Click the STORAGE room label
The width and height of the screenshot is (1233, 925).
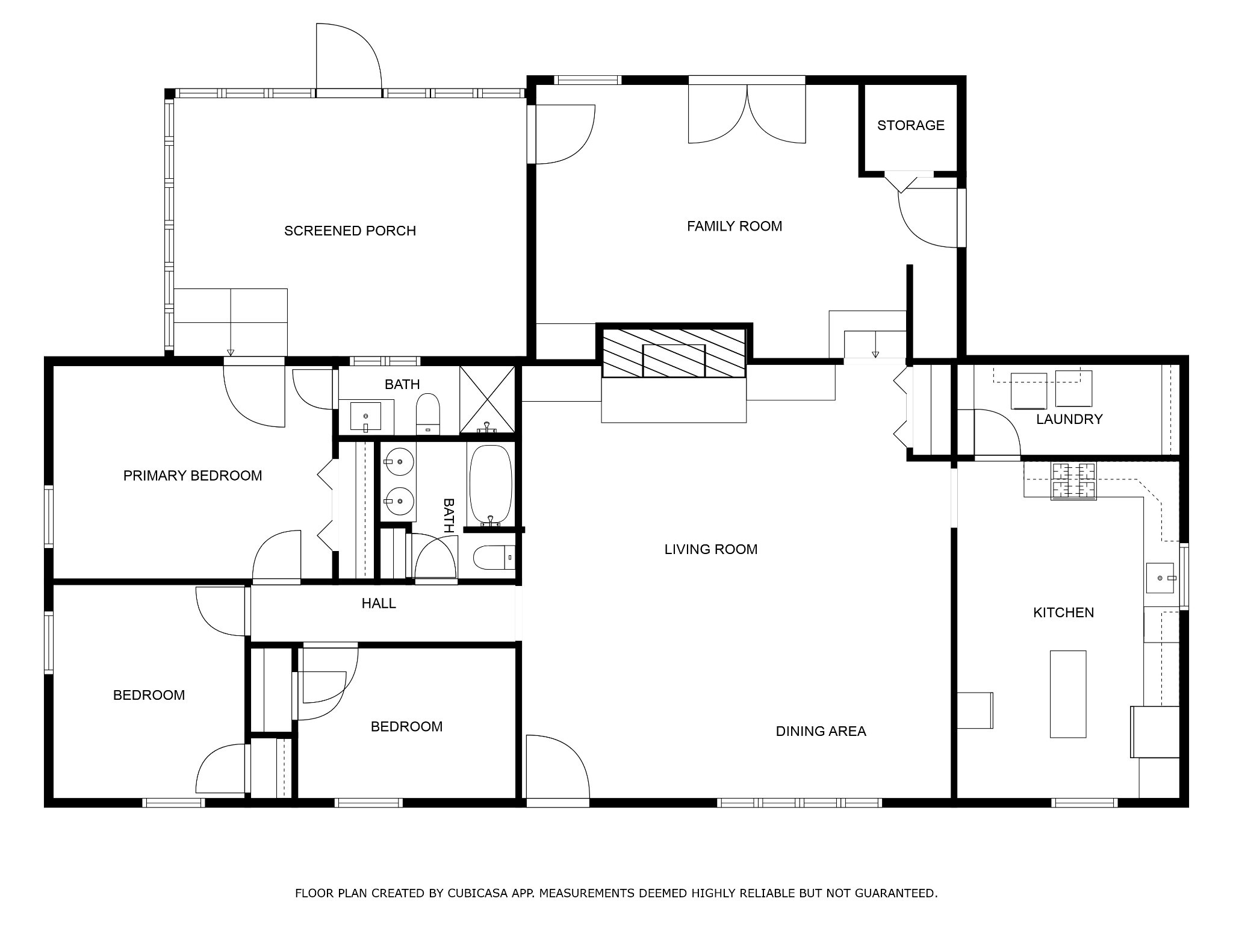(910, 125)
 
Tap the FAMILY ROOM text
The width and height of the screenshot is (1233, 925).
(735, 226)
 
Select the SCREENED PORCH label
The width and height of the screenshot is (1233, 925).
(350, 231)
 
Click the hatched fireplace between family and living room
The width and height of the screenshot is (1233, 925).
(674, 352)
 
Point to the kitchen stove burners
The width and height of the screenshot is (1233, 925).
(1073, 481)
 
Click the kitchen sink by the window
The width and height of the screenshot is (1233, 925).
(1160, 578)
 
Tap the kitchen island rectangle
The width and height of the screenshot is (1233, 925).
(1068, 694)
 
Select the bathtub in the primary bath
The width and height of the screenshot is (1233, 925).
(490, 484)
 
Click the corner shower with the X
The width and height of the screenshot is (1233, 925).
(487, 399)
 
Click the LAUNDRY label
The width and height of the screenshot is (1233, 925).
(1069, 419)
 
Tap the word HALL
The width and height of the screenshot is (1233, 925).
(379, 603)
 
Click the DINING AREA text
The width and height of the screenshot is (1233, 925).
(821, 731)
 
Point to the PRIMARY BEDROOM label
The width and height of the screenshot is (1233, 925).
(193, 476)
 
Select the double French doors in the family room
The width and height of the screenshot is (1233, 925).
(747, 113)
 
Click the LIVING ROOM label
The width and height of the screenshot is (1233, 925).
(710, 549)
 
